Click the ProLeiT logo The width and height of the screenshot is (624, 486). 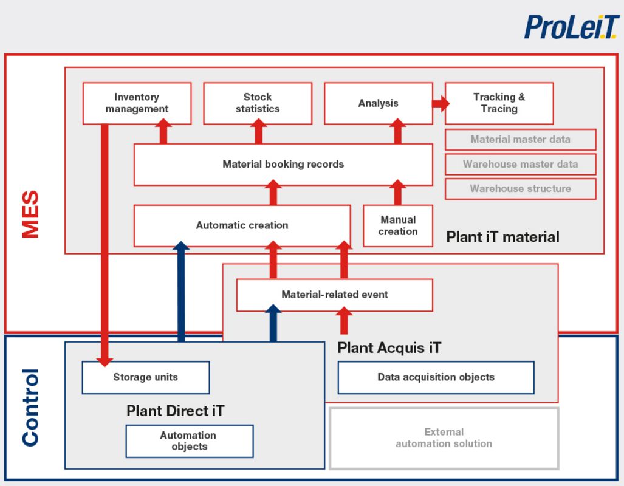pos(571,27)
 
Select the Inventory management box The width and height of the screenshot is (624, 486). pos(137,103)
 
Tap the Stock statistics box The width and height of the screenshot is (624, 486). pos(258,103)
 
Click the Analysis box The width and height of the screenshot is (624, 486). pos(378,103)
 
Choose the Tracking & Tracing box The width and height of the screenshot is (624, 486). pos(499,103)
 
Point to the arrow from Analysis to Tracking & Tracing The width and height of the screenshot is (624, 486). pos(440,103)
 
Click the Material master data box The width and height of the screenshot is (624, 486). pos(520,140)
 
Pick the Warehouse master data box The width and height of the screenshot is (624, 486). pos(520,164)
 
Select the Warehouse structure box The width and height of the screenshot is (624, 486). pos(520,188)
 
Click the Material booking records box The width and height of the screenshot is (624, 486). pos(283,165)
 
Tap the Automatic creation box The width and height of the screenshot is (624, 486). pos(242,225)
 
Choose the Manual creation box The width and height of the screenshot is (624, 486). pos(398,225)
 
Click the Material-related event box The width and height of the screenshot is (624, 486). pos(334,295)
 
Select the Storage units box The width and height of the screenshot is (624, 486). pos(146,377)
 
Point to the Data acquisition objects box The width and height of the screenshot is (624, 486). pos(436,377)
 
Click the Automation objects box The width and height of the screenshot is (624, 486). pos(189,441)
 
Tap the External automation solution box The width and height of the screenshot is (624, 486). pos(444,438)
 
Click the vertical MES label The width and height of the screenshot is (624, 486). pos(30,214)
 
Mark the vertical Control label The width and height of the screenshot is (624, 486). pos(30,407)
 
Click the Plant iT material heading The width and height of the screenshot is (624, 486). pos(502,237)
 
